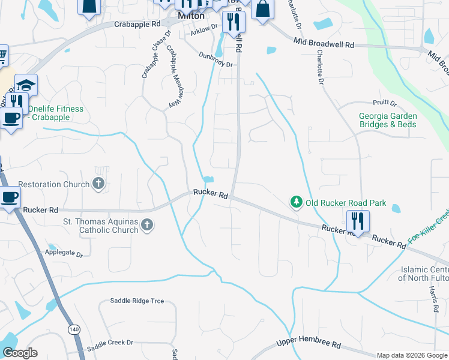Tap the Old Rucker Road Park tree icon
coord(296,203)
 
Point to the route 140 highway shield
coord(74,329)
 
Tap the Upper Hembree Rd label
coord(308,345)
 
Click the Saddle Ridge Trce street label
coord(137,301)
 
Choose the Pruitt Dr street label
coord(384,103)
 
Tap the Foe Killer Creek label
coord(428,226)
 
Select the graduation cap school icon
coord(26,85)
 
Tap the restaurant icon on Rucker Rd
coord(358,221)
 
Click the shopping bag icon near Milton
coord(262,9)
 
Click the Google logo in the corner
coord(20,353)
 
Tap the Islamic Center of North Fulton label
coord(423,272)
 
